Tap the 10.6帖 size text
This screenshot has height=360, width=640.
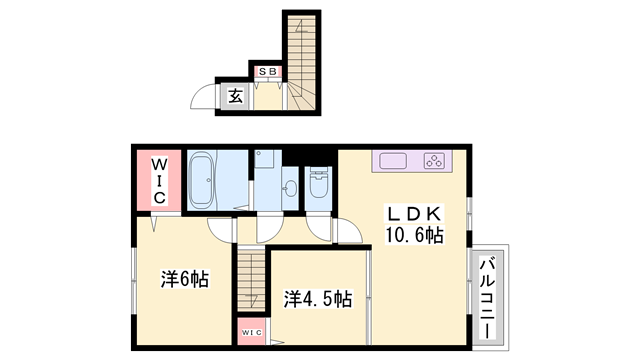[x=414, y=235]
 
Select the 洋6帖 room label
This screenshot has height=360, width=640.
[x=185, y=280]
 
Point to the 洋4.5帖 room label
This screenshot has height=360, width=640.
[x=316, y=298]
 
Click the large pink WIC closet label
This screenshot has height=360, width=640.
[x=158, y=180]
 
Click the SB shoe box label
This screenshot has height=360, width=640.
[x=266, y=72]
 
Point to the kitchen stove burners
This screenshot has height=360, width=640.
[x=435, y=160]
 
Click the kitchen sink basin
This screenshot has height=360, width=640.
[x=390, y=160]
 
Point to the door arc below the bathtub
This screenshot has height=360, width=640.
[x=223, y=228]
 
